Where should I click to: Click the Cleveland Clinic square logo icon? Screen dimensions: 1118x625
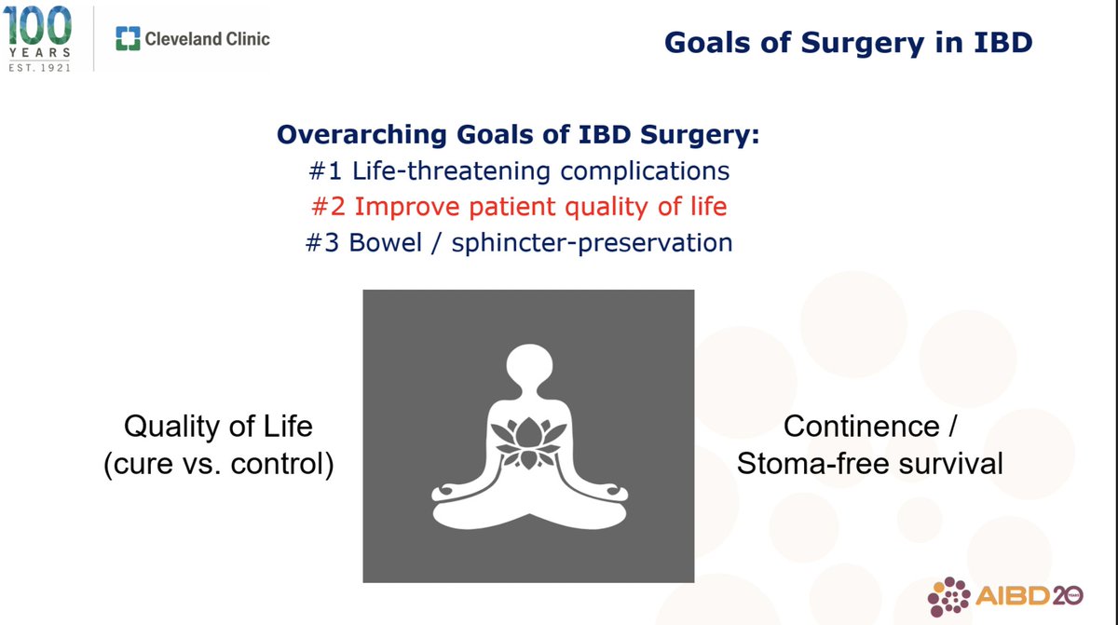pos(128,38)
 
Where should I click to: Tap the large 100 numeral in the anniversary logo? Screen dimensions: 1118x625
pos(37,25)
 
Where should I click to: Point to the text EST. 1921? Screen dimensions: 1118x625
pos(39,67)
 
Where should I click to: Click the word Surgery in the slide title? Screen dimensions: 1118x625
pos(863,43)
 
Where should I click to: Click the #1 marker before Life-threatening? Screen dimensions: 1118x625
pos(325,170)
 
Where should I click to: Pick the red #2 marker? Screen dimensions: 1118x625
pos(328,207)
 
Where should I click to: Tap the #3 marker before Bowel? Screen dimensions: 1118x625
pos(322,242)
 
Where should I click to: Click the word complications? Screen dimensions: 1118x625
pos(645,171)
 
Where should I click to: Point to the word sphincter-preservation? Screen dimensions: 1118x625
pos(592,243)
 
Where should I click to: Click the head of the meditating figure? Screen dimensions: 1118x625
pos(529,364)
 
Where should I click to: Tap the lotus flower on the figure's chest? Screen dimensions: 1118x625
pos(528,442)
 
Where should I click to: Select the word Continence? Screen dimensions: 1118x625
pos(862,427)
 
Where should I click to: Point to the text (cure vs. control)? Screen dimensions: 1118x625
pos(219,465)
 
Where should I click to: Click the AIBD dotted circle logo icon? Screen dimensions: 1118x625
pos(948,596)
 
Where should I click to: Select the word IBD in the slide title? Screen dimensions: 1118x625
pos(1003,42)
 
